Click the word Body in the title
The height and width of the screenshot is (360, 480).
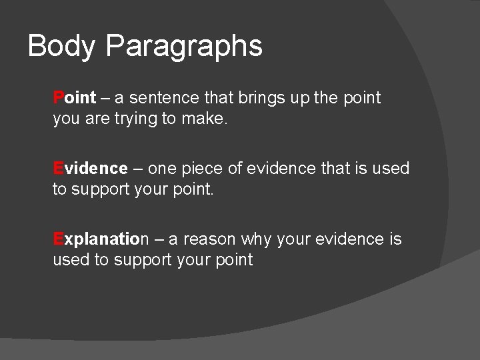[61, 47]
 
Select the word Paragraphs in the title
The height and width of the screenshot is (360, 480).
[184, 47]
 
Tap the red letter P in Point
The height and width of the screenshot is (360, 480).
[58, 98]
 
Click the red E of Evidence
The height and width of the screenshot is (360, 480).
[58, 169]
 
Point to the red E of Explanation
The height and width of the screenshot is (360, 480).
[58, 239]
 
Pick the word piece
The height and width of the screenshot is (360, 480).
[203, 169]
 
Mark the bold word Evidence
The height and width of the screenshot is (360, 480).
[90, 169]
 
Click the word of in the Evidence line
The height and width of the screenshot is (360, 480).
[236, 169]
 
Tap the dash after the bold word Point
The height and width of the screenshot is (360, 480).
[105, 98]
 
